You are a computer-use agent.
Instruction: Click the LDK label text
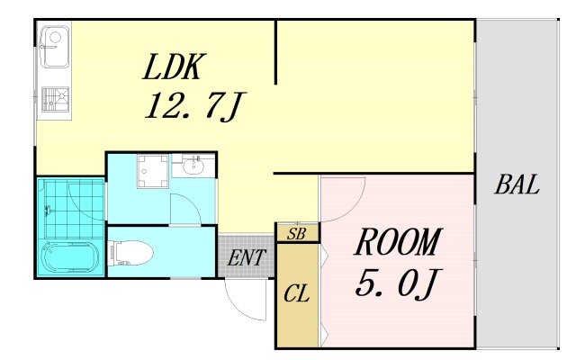175,67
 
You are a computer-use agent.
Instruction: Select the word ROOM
398,243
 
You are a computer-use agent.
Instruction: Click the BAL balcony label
517,186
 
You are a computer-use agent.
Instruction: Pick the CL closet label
296,294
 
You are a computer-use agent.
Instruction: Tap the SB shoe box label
296,234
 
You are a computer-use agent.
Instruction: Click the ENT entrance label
245,258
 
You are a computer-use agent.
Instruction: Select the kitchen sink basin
52,42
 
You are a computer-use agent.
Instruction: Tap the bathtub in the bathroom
69,258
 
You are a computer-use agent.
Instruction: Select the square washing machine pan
152,171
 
